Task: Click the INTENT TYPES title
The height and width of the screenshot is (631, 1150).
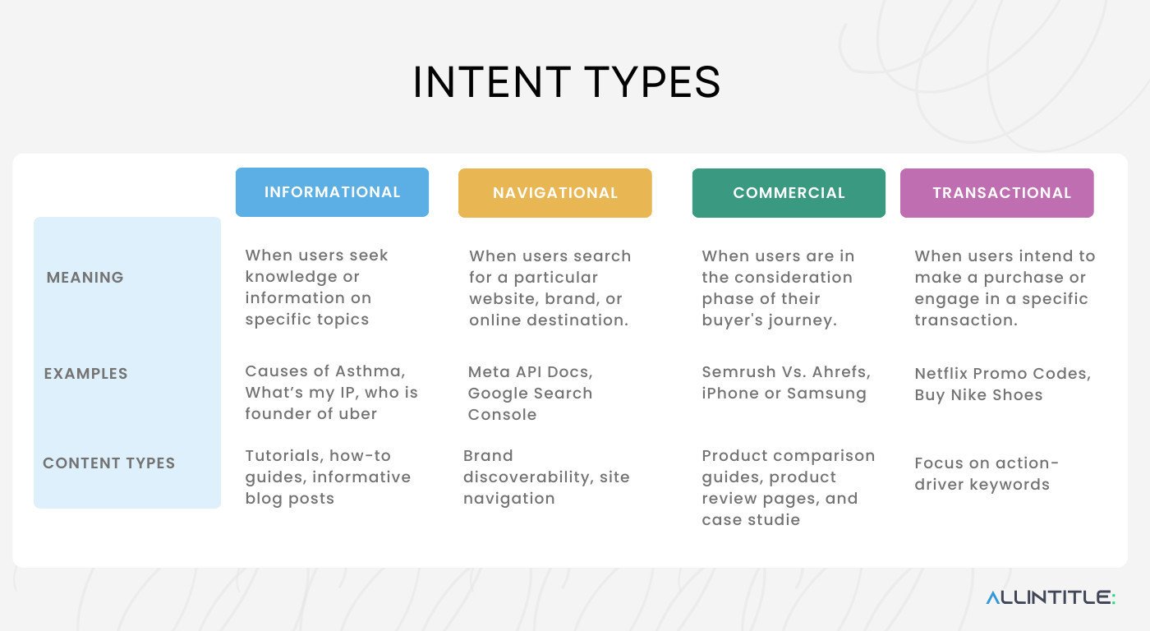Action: (x=566, y=82)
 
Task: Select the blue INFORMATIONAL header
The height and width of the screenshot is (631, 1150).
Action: (x=332, y=192)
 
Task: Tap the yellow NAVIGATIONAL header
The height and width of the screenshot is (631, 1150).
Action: (x=555, y=193)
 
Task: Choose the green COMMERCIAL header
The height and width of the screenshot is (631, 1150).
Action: (x=789, y=193)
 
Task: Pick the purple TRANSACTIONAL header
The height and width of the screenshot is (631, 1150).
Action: (x=997, y=193)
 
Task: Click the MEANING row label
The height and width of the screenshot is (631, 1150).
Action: (x=85, y=278)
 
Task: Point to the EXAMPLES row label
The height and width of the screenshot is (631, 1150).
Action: (x=86, y=374)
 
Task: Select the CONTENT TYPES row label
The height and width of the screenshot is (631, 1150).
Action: (x=109, y=463)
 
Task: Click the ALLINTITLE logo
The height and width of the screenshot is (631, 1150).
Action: (x=1051, y=597)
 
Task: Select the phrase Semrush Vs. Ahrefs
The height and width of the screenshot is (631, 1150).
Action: (x=785, y=372)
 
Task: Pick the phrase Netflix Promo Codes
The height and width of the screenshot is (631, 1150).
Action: (x=1002, y=374)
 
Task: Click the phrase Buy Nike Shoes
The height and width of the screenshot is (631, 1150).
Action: (x=978, y=395)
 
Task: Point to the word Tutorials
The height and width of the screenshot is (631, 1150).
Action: (x=280, y=456)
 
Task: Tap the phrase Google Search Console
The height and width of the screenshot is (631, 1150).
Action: (x=530, y=403)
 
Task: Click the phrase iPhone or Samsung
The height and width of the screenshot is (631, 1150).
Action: (x=784, y=394)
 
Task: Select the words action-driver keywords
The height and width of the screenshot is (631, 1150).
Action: (x=986, y=475)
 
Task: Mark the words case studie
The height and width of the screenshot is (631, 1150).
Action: (x=751, y=520)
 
